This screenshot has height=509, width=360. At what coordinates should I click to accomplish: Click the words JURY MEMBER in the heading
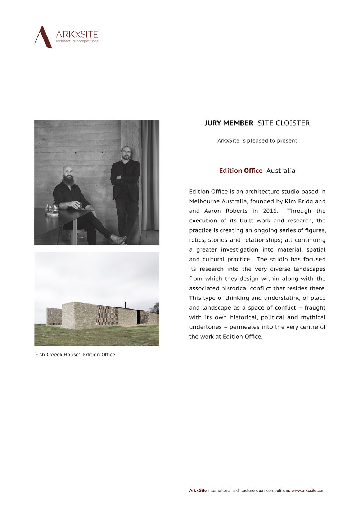coord(229,123)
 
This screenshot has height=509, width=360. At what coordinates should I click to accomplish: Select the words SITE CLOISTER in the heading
coord(284,123)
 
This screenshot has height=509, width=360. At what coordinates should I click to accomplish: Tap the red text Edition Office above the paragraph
coord(240,171)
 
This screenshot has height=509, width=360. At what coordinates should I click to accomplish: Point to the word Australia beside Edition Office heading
coord(281,171)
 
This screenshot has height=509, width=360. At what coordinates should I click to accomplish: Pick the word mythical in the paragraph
coord(313,317)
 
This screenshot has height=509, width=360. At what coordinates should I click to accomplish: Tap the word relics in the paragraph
coord(198,240)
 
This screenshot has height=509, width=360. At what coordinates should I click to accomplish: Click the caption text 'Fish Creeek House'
coord(57,355)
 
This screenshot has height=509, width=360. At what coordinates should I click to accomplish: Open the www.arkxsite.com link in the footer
coord(309,490)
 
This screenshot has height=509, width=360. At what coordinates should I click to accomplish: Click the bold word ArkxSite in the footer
coord(198,490)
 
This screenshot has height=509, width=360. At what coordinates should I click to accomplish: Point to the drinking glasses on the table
coord(51,210)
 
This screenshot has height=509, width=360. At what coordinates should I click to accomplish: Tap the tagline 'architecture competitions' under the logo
coord(77,41)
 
